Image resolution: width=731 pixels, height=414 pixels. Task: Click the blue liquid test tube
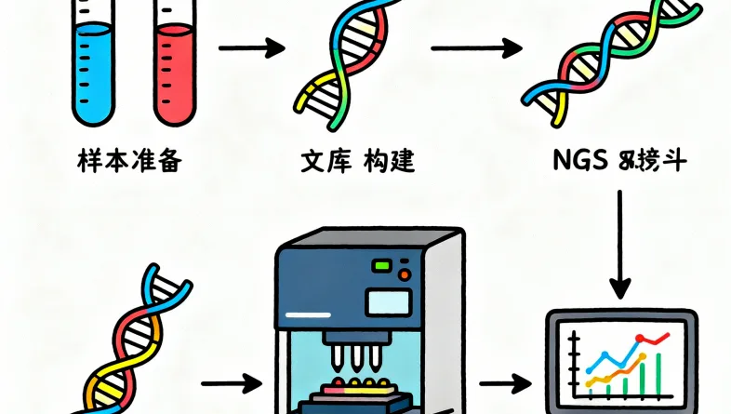(x=92, y=70)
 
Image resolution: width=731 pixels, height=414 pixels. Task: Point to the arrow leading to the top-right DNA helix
(x=474, y=47)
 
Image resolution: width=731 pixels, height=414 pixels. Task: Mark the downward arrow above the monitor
(x=618, y=242)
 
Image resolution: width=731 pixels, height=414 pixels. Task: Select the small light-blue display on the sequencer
(x=381, y=301)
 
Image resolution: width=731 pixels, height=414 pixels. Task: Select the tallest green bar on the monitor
(x=659, y=371)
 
